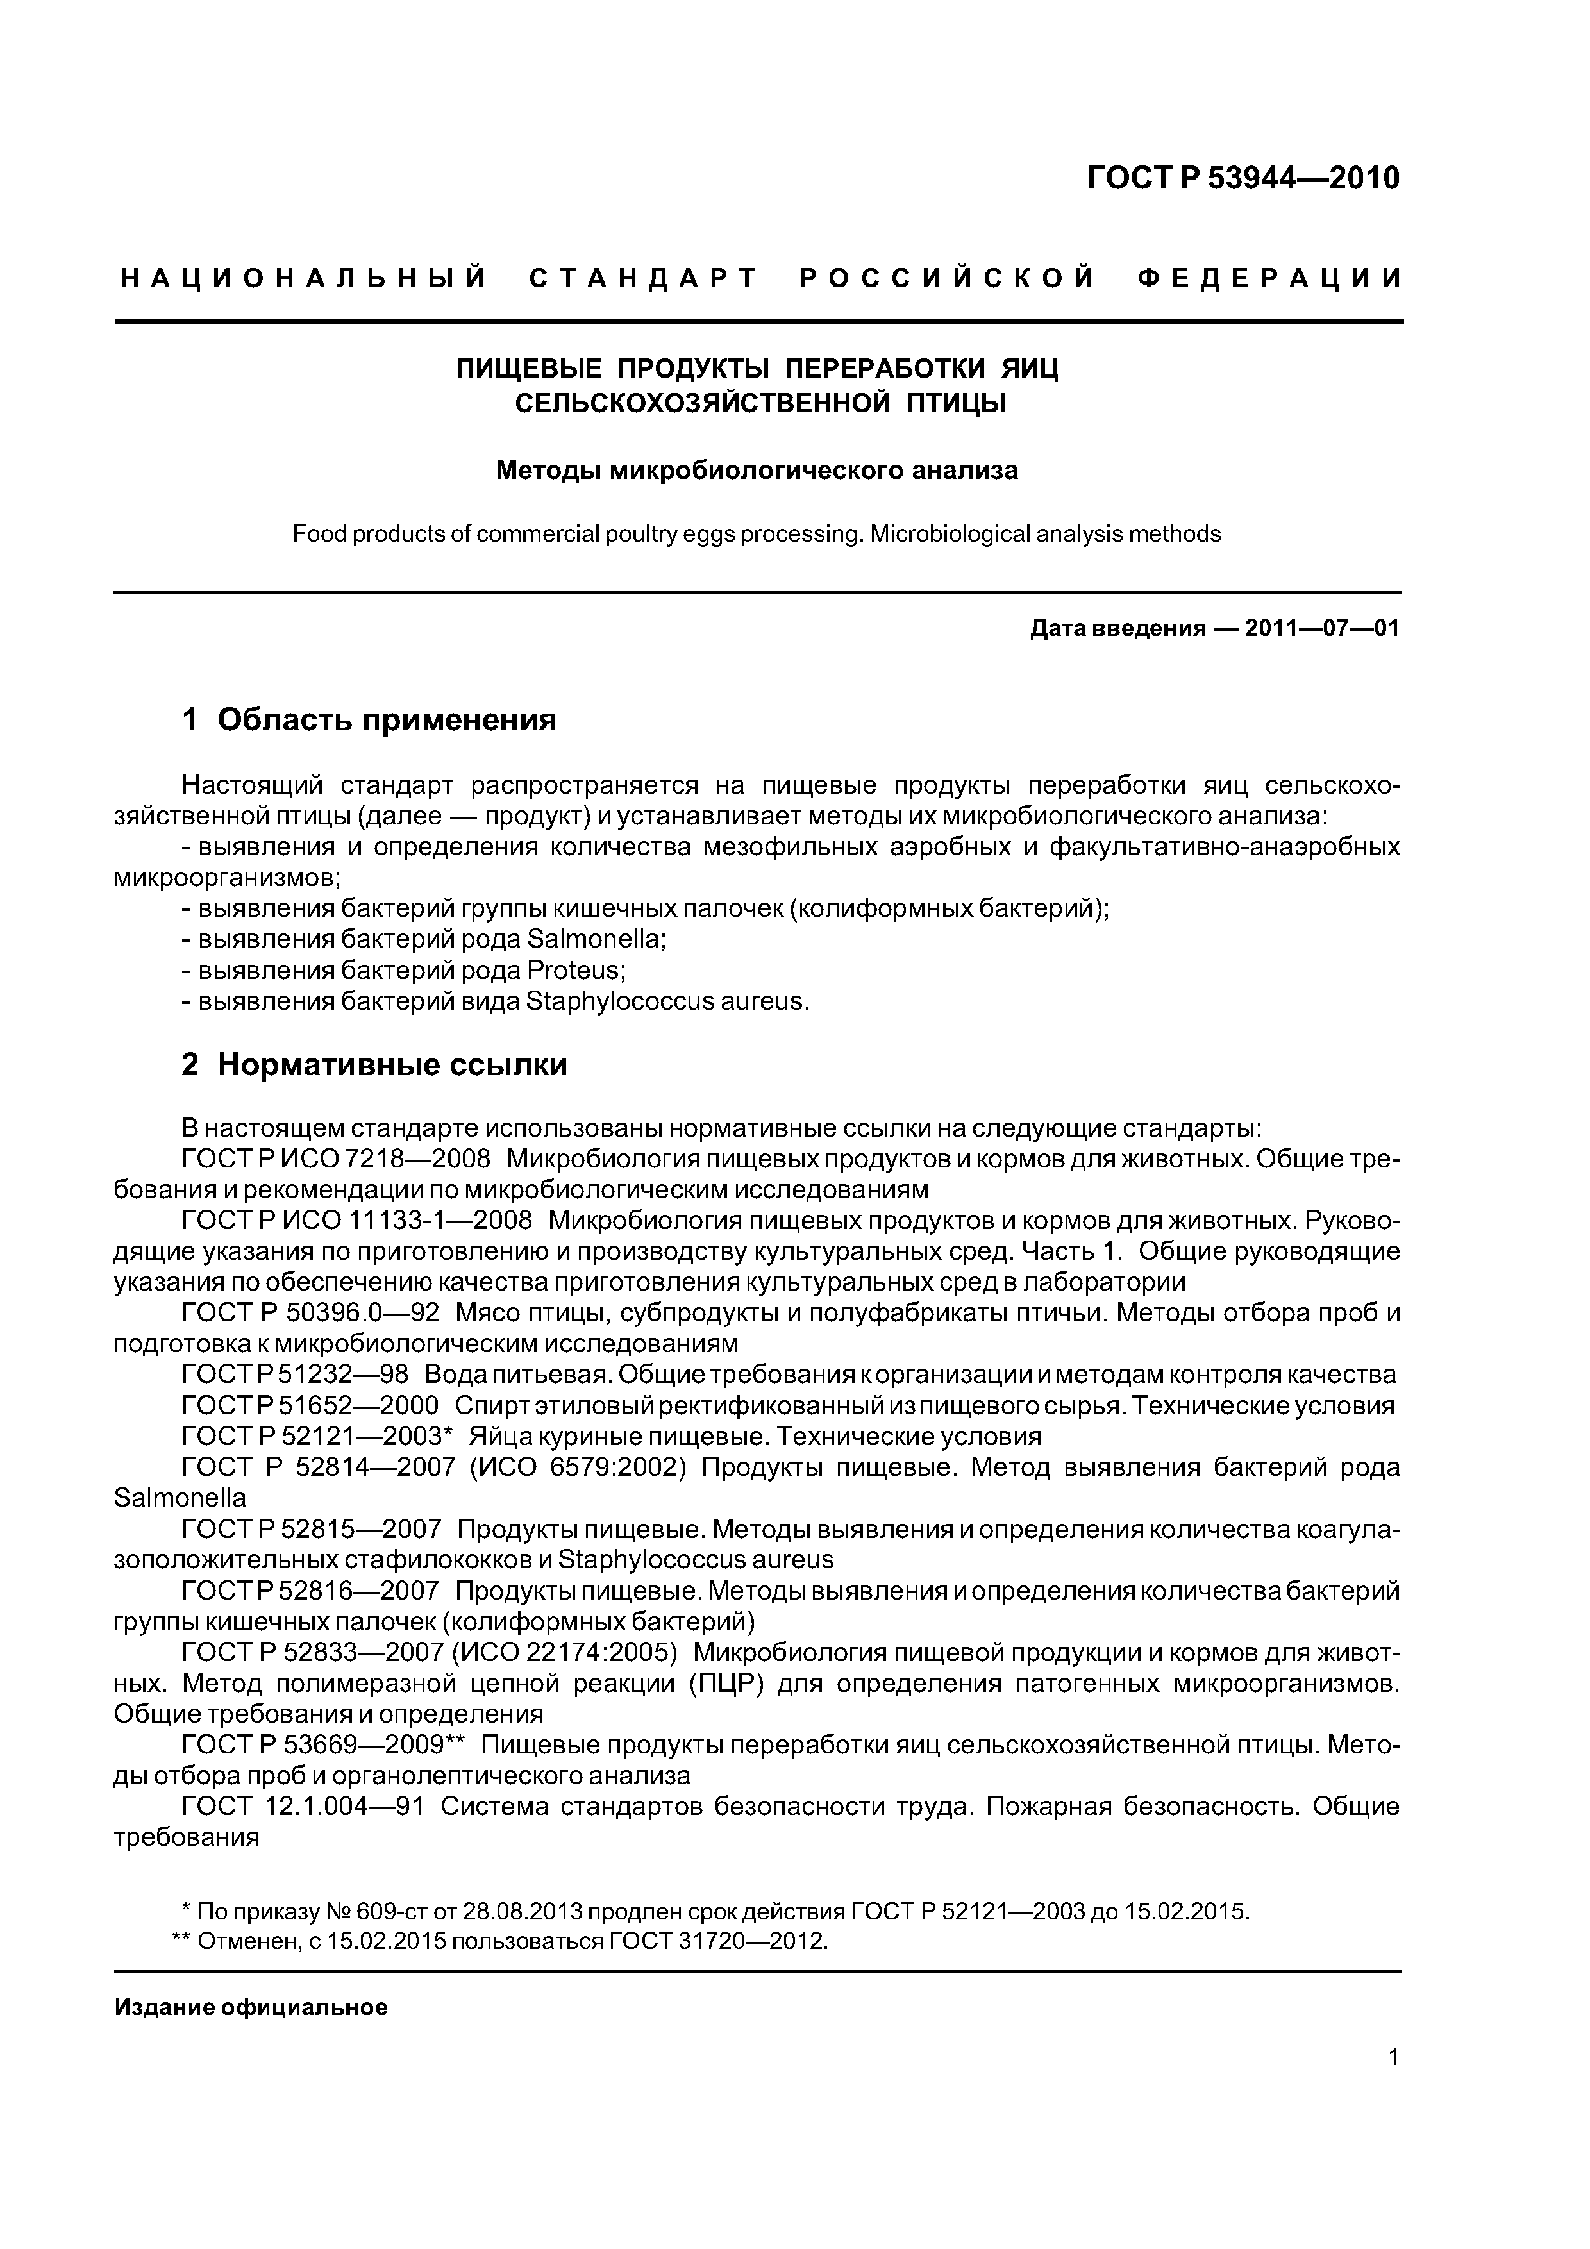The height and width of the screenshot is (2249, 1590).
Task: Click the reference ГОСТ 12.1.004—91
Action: [303, 1805]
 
